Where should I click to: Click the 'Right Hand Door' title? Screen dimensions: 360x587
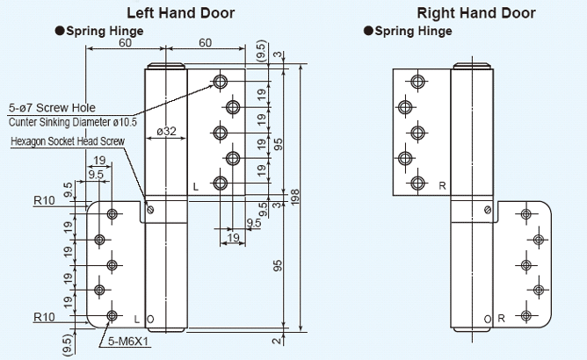tap(475, 12)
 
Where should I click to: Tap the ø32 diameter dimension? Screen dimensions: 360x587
tap(166, 132)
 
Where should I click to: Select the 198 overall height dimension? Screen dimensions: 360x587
tap(295, 198)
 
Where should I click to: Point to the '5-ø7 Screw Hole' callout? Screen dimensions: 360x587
tap(46, 107)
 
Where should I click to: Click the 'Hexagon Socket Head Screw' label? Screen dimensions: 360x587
tap(68, 140)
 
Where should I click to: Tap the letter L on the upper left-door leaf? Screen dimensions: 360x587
tap(196, 186)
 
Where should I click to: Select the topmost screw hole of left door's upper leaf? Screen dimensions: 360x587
tap(219, 82)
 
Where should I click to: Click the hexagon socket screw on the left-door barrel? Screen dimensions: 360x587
tap(150, 209)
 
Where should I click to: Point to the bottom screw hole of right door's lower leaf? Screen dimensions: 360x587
tap(525, 315)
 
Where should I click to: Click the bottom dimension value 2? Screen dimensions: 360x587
tap(276, 340)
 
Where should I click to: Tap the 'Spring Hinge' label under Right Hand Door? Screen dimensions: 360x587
tap(413, 32)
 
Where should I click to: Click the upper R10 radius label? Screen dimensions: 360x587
tap(44, 200)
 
